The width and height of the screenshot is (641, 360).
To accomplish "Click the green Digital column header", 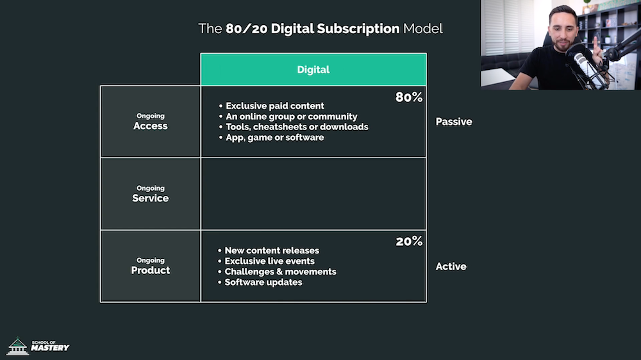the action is click(x=313, y=69).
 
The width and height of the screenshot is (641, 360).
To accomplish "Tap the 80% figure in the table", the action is click(x=409, y=97).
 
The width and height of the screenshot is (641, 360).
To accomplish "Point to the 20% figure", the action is click(x=409, y=241).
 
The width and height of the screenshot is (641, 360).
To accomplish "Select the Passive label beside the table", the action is click(x=454, y=122).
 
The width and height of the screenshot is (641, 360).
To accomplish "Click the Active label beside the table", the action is click(x=451, y=266).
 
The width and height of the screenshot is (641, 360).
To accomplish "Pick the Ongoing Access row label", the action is click(x=151, y=122).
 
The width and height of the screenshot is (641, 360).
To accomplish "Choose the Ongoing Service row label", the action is click(x=151, y=194).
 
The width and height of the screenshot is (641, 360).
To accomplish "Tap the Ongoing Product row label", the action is click(x=151, y=266).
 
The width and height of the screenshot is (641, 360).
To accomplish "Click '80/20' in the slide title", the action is click(x=247, y=29).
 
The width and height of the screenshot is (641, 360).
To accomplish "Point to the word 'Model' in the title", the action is click(x=422, y=29).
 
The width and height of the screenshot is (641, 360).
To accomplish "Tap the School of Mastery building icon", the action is click(x=17, y=346).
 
